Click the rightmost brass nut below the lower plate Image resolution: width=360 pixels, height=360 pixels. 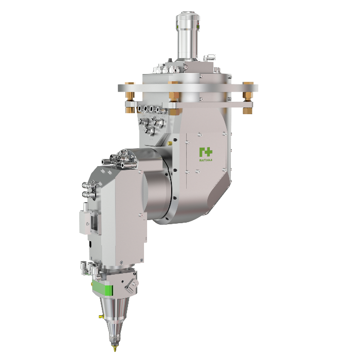pos(247,109)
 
